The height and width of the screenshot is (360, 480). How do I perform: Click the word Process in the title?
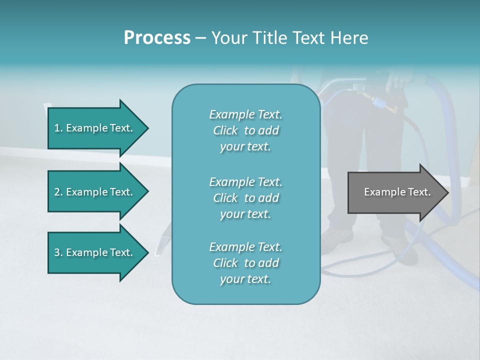pos(157,38)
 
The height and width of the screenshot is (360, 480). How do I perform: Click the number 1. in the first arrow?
pos(58,128)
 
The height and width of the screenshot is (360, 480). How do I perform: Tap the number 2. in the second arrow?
pos(58,192)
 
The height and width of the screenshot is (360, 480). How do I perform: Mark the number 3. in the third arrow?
pos(58,252)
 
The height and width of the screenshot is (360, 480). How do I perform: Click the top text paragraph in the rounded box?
pos(245,130)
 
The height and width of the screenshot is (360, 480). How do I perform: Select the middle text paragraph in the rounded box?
pos(245,198)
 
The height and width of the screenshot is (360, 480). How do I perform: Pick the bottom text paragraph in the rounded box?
pos(245,263)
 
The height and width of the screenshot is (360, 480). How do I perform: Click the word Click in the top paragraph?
pos(225,130)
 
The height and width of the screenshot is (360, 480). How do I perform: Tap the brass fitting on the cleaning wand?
pos(366,96)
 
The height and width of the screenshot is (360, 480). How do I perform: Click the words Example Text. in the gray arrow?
pos(397,192)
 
